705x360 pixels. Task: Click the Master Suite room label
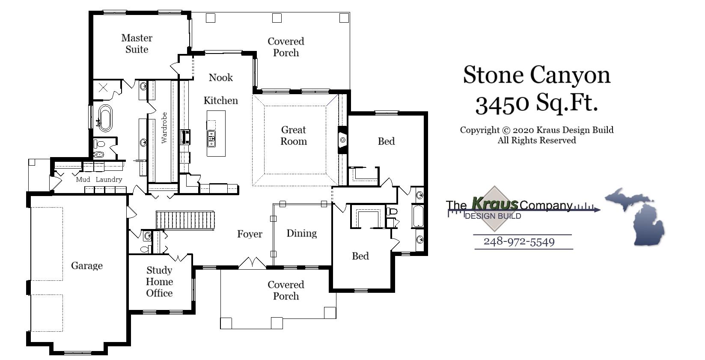137,44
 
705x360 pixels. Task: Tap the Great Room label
294,135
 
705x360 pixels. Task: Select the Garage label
87,266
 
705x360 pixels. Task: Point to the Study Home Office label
159,282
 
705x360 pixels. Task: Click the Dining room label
301,233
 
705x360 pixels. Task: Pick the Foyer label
250,234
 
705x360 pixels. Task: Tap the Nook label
221,77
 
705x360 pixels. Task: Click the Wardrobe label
164,128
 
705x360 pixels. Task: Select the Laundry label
109,180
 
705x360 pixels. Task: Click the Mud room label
83,180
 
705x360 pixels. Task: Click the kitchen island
216,134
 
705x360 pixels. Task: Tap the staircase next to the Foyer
185,220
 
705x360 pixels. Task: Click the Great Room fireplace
343,140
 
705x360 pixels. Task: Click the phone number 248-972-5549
519,242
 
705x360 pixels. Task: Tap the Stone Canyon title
536,75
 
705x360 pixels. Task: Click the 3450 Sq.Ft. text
536,103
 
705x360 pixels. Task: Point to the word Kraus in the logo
494,202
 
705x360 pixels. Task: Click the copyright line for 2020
536,130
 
